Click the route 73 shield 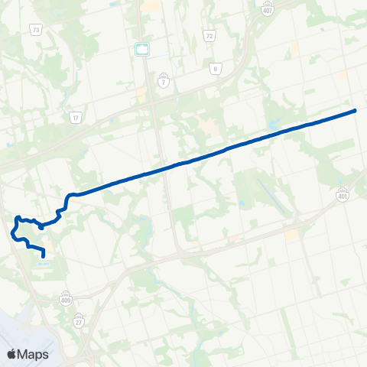[x=36, y=29]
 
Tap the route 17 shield [x=75, y=117]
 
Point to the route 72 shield [x=209, y=36]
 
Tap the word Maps [x=34, y=354]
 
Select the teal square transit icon [x=141, y=49]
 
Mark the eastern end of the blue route [x=356, y=111]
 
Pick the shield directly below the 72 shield [x=216, y=68]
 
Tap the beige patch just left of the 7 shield [x=142, y=98]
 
